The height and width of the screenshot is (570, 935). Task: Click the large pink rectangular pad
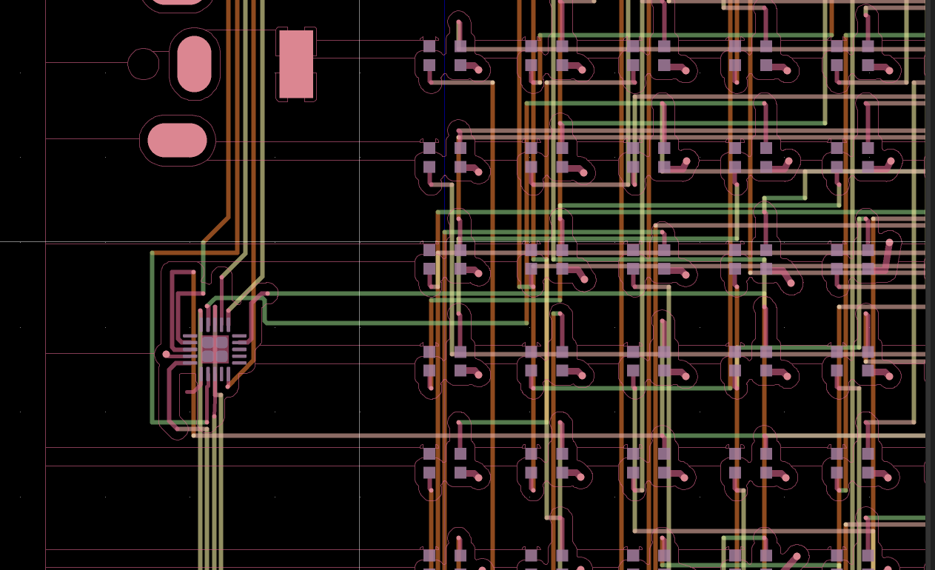(295, 64)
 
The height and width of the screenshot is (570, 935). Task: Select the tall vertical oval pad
(195, 64)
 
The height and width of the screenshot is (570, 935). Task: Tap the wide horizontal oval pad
(177, 141)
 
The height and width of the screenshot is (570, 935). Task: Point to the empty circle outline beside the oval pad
(143, 64)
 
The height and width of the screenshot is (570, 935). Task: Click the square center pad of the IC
(215, 348)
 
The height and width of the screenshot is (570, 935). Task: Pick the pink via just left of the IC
(166, 355)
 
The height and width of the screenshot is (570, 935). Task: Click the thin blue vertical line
(444, 111)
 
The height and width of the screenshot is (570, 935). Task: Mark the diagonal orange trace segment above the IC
(216, 229)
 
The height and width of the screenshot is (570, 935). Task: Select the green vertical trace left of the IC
(153, 333)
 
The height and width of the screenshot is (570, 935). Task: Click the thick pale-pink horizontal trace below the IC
(444, 435)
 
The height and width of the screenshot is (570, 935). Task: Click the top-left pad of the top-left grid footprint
(429, 46)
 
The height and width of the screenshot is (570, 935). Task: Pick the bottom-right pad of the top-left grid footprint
(460, 65)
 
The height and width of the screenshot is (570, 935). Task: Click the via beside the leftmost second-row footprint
(478, 172)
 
